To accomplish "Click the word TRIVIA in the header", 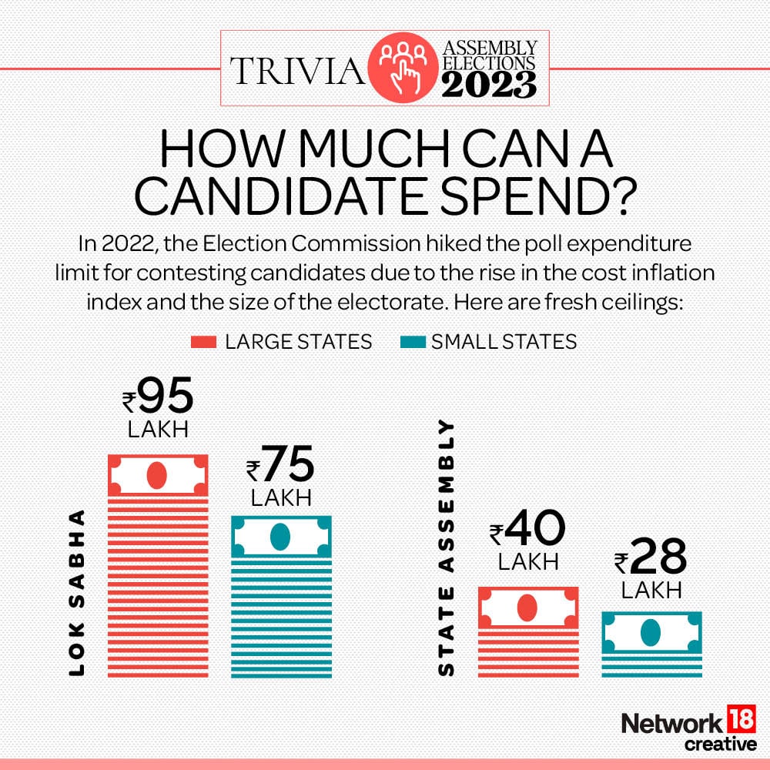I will coord(296,70).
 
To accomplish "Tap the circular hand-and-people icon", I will coord(402,69).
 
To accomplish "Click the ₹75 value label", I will coord(281,467).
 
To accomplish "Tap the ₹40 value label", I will coord(528,530).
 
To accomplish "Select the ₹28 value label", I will coord(651,559).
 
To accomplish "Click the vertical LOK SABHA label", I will coord(76,593).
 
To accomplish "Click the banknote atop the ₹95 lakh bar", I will coord(158,475).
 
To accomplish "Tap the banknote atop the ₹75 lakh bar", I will coord(281,535).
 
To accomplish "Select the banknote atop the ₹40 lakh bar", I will coord(527,608).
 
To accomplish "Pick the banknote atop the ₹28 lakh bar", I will coord(651,632).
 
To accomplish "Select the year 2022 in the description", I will coord(123,244).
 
